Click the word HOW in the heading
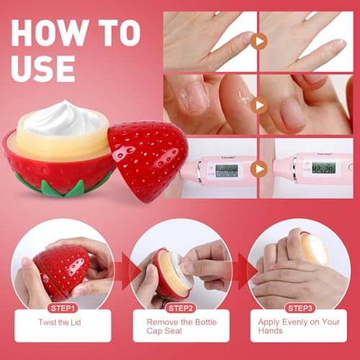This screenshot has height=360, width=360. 49,35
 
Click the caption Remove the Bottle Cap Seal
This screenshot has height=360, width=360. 181,328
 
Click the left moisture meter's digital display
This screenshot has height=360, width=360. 227,171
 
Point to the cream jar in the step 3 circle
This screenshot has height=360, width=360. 315,248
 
